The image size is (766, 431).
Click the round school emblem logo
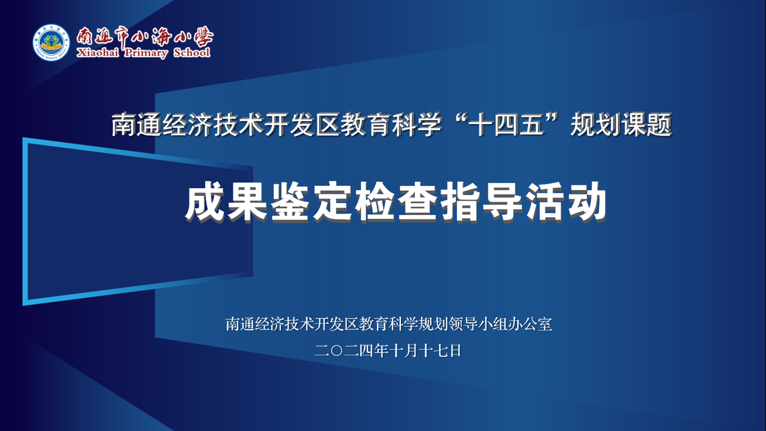tap(51, 43)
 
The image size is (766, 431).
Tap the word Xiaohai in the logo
tap(98, 53)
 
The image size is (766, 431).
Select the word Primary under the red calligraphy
tap(146, 53)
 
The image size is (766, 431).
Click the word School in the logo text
tap(192, 52)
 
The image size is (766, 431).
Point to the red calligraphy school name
tap(145, 36)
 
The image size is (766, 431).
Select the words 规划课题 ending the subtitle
tap(621, 125)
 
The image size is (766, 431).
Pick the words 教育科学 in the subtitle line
tap(391, 125)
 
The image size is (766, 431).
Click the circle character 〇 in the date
tap(337, 351)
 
